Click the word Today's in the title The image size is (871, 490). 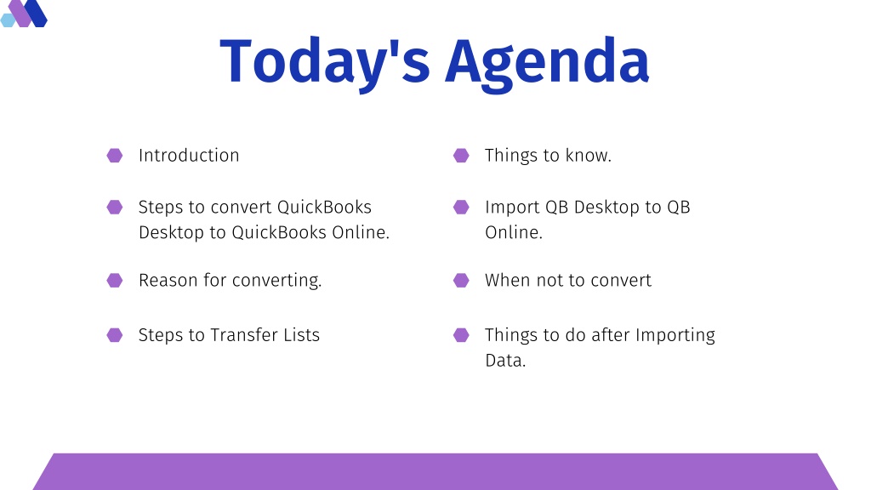(325, 62)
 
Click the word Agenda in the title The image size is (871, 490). (547, 63)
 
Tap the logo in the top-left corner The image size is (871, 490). (24, 14)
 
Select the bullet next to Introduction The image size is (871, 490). (115, 156)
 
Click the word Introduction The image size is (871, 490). (189, 156)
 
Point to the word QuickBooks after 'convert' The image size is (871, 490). (324, 207)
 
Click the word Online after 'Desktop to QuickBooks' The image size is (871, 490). (361, 232)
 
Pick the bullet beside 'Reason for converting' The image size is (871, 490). (115, 280)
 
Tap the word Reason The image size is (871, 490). (168, 280)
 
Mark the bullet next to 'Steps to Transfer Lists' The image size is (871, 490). (115, 335)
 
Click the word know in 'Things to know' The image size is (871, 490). (589, 156)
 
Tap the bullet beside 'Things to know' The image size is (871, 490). (461, 156)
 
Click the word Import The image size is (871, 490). (512, 208)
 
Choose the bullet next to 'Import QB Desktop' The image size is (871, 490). (461, 208)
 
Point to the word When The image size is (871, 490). (507, 280)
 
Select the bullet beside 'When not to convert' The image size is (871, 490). (461, 280)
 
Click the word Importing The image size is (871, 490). (675, 335)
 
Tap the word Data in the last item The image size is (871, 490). (505, 361)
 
